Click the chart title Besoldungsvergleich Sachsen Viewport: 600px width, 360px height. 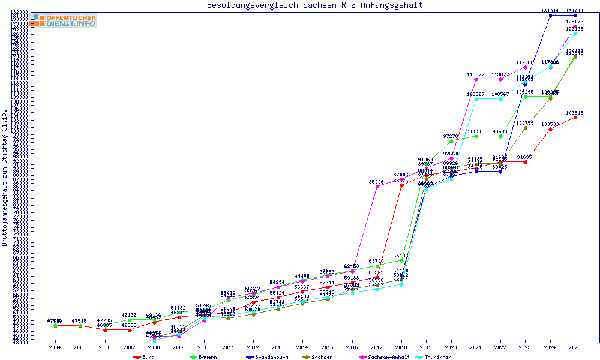click(x=314, y=5)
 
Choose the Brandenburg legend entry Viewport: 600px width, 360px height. click(x=267, y=357)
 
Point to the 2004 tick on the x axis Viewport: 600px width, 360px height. click(x=55, y=347)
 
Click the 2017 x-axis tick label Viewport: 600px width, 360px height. click(x=376, y=347)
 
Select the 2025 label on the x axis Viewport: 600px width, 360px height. click(x=575, y=347)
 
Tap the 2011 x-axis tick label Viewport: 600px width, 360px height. click(x=228, y=347)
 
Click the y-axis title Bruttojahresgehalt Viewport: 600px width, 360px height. click(x=5, y=178)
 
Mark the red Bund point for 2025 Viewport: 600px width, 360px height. click(x=575, y=118)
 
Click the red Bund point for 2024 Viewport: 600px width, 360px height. click(x=550, y=129)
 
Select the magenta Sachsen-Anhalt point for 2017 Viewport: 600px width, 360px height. click(x=377, y=187)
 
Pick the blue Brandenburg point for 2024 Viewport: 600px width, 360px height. click(x=550, y=16)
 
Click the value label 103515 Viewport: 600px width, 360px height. click(x=575, y=113)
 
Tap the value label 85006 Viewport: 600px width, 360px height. click(x=377, y=182)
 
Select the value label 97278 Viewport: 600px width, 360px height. click(x=451, y=136)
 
